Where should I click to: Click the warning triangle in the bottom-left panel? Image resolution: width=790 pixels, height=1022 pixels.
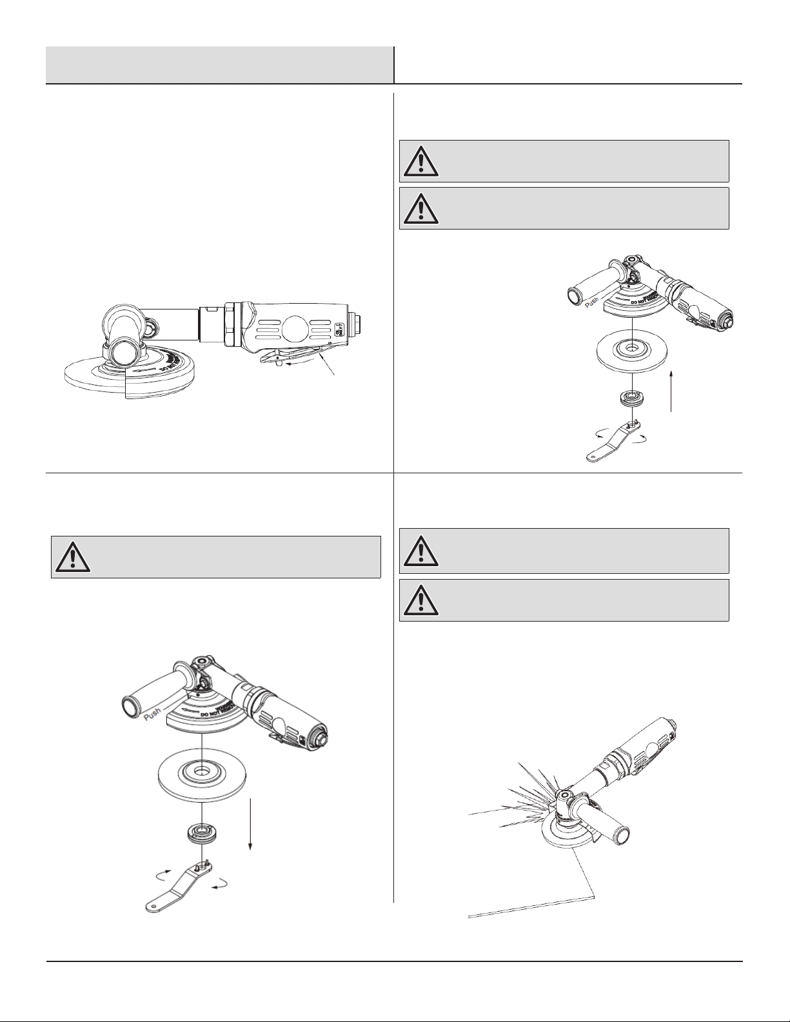coord(73,556)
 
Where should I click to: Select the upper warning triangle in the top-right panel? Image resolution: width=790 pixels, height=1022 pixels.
coord(420,161)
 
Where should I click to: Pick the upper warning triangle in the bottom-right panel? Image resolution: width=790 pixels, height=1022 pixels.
coord(420,551)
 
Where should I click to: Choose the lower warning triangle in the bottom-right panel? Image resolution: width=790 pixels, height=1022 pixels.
coord(420,600)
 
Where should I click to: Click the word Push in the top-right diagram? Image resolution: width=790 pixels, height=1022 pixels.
coord(592,300)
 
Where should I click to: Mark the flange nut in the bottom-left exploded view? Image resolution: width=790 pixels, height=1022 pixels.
coord(202,832)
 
